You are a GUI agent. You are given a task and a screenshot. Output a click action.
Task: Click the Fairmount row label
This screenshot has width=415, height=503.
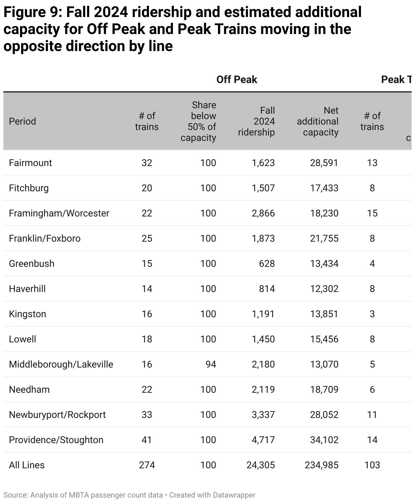click(30, 163)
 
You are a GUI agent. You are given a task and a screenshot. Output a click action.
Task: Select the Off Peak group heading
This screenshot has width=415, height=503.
click(237, 80)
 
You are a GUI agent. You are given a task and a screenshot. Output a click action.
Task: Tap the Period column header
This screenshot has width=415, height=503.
click(22, 121)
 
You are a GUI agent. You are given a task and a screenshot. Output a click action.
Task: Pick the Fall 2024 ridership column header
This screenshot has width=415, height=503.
click(256, 121)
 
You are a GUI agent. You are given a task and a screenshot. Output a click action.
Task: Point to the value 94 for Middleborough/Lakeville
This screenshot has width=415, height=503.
click(211, 364)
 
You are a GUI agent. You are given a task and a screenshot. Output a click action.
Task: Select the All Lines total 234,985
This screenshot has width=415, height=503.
click(321, 465)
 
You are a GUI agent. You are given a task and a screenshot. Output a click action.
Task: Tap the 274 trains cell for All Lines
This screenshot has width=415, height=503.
click(147, 465)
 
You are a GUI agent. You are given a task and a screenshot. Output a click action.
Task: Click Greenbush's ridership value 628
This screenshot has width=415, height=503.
click(267, 263)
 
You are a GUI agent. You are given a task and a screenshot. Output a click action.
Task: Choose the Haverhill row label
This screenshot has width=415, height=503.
click(27, 289)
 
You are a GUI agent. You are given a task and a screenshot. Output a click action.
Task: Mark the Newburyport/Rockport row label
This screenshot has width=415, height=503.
click(57, 415)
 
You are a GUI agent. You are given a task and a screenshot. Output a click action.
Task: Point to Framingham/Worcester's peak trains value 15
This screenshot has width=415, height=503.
click(372, 213)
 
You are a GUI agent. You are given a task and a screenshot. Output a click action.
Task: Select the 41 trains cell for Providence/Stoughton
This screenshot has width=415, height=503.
click(147, 440)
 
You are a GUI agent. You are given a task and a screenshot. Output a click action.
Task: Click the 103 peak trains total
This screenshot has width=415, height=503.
click(372, 465)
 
